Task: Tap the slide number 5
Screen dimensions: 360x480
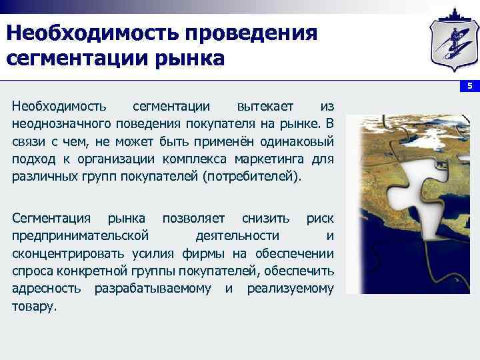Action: point(469,87)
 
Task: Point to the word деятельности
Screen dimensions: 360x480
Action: point(237,237)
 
